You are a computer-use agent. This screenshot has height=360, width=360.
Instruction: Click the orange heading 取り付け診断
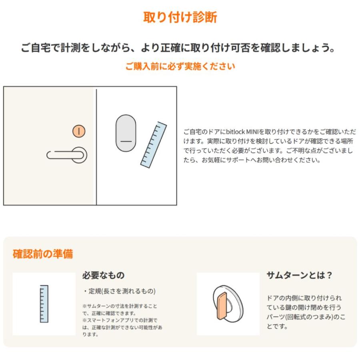180,18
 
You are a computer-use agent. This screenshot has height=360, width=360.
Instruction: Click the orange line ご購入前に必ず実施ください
180,66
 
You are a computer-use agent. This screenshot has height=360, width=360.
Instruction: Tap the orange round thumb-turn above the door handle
79,131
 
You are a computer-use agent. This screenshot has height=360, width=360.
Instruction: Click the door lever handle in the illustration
68,155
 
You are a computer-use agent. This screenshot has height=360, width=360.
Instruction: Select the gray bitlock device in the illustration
126,133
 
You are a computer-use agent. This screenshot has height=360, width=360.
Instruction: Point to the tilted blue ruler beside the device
154,144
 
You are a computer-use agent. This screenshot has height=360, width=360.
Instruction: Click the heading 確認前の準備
43,254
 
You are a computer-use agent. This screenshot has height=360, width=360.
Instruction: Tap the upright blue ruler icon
44,304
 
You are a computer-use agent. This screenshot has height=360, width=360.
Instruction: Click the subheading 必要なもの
103,276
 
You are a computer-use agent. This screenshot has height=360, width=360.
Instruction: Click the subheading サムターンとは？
300,276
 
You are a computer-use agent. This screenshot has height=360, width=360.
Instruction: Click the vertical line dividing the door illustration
96,146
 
